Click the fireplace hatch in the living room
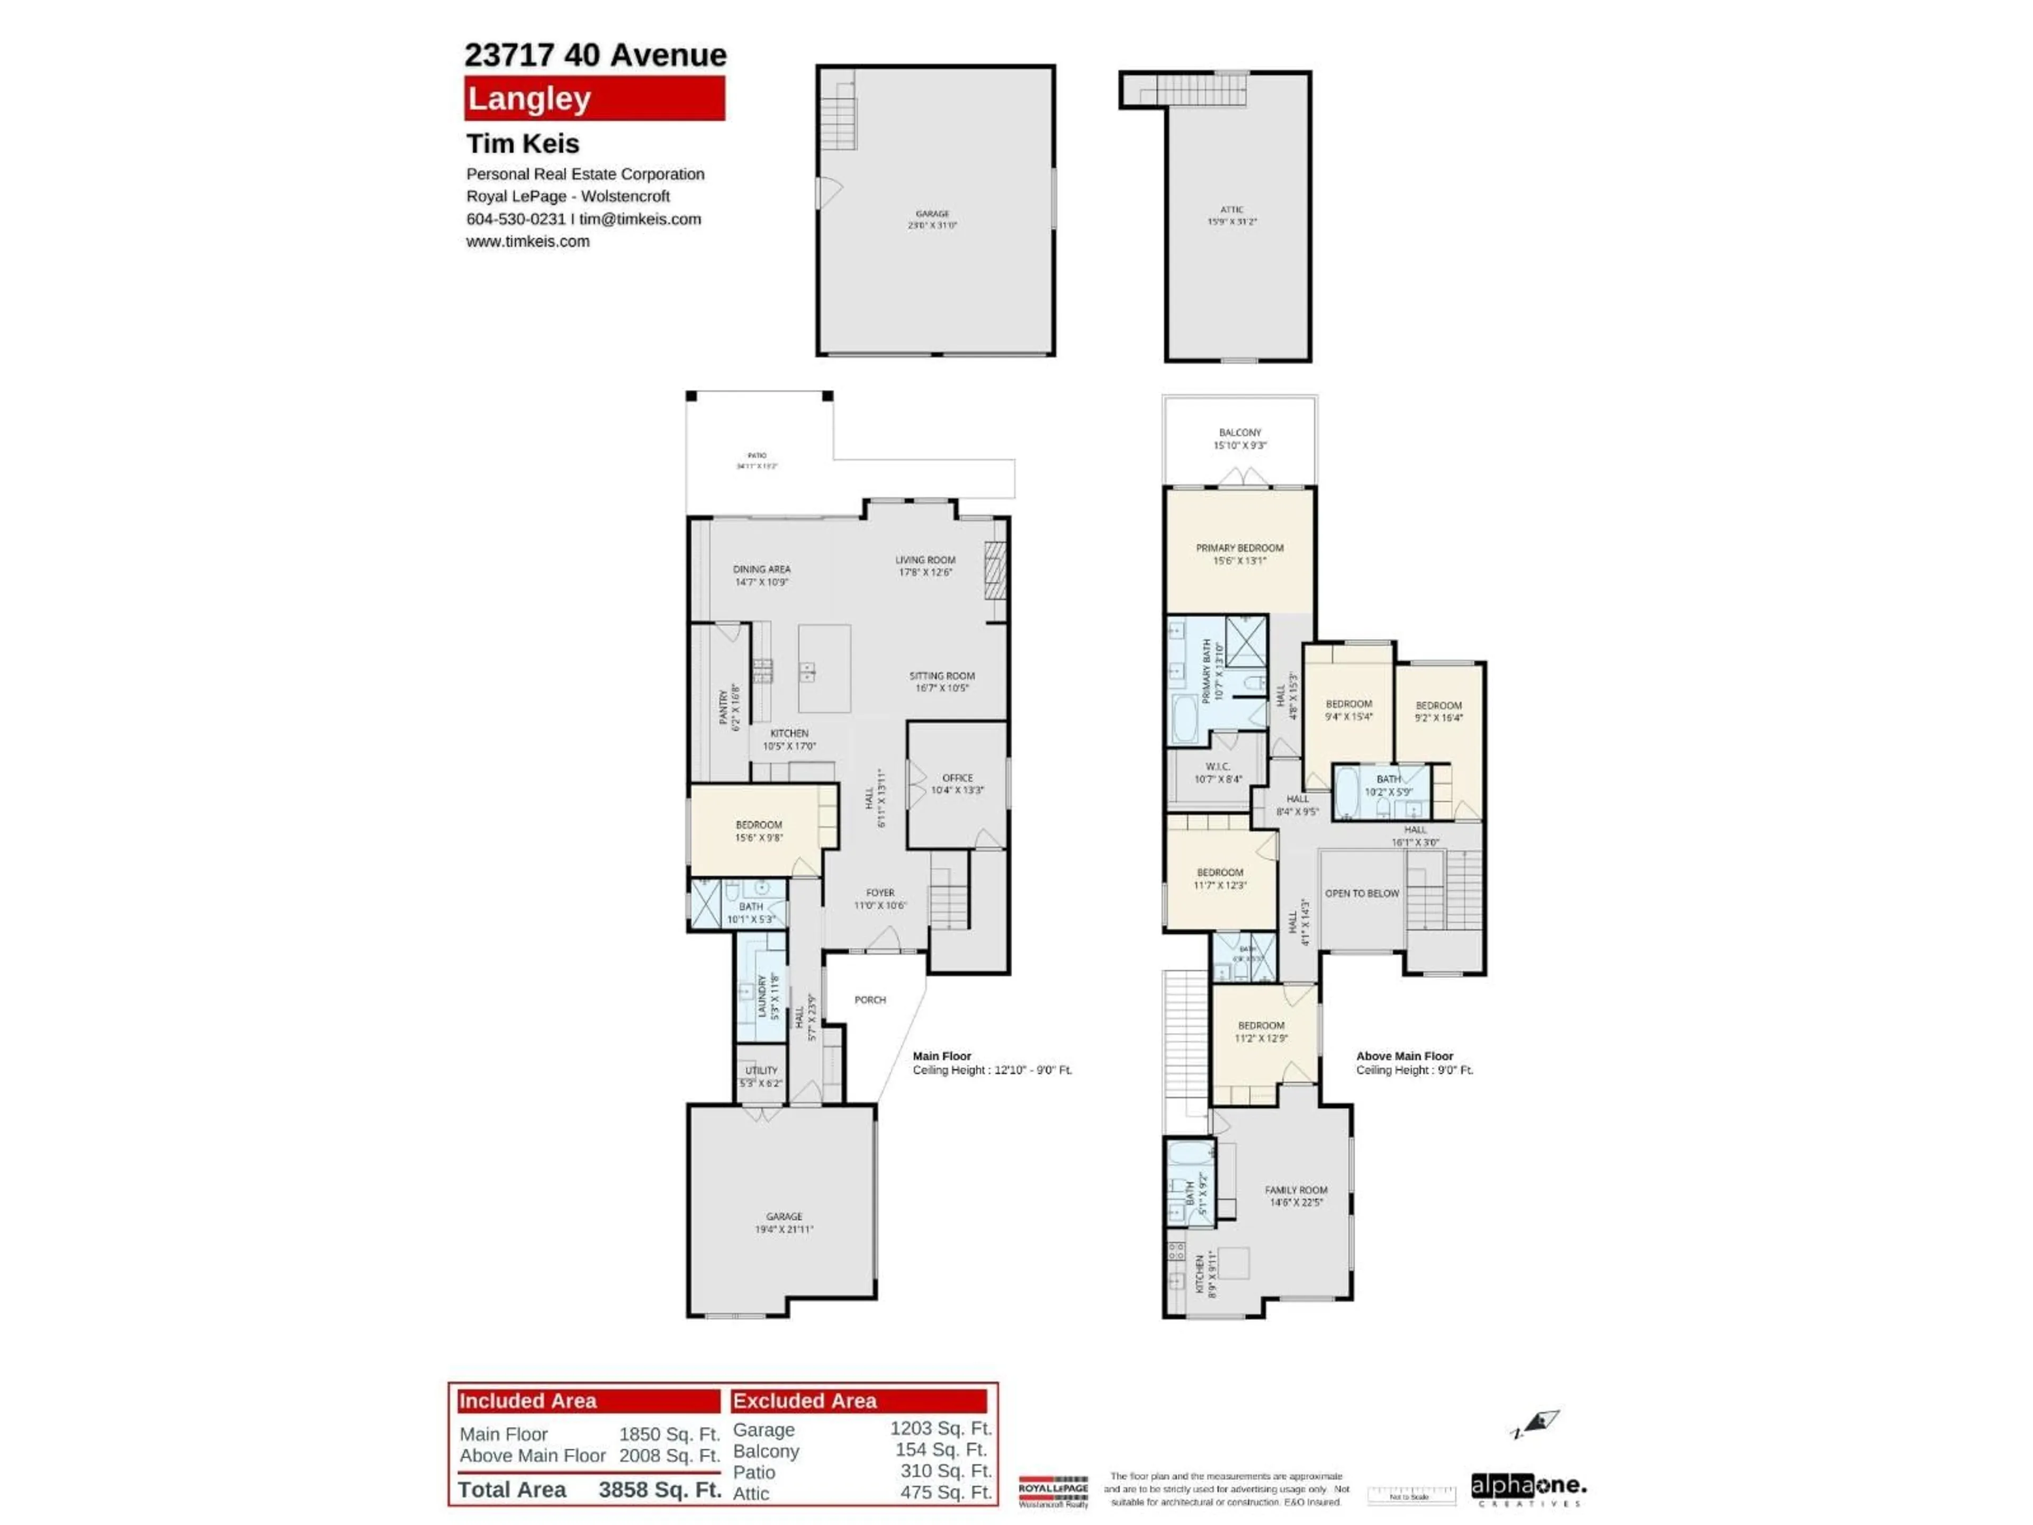(x=994, y=571)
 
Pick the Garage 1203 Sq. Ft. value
(x=940, y=1429)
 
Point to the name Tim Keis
(x=523, y=143)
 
